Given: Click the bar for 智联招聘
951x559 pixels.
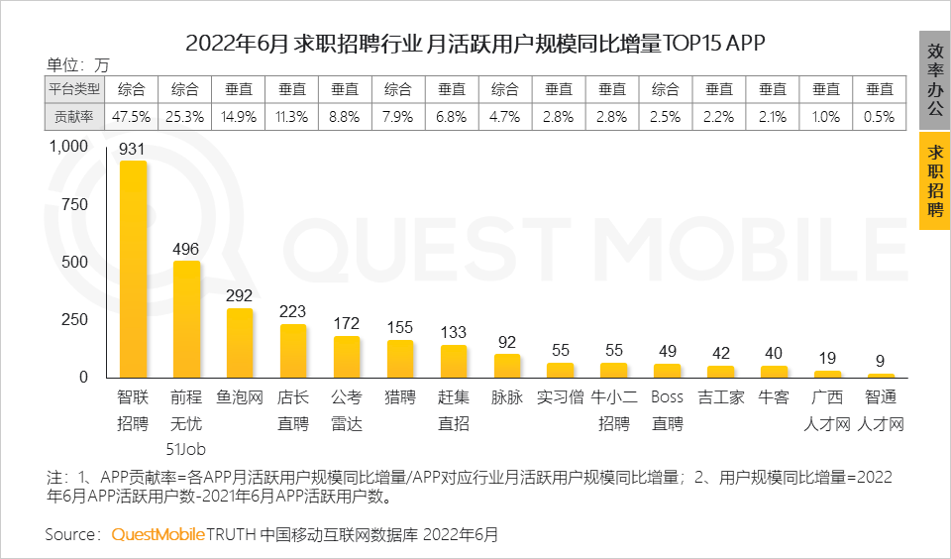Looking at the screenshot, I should pyautogui.click(x=133, y=269).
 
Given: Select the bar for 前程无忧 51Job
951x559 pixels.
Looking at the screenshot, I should pyautogui.click(x=186, y=319).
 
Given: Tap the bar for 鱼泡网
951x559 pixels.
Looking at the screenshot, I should pyautogui.click(x=240, y=343).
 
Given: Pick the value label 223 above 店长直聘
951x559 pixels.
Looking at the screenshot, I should pyautogui.click(x=293, y=311).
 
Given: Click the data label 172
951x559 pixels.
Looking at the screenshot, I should pyautogui.click(x=347, y=323).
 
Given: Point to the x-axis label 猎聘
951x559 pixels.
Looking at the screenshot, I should pyautogui.click(x=400, y=398).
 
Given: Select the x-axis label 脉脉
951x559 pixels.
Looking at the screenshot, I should pyautogui.click(x=507, y=398).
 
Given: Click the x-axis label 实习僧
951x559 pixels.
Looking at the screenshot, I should pyautogui.click(x=561, y=398).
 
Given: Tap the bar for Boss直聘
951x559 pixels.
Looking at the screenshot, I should pyautogui.click(x=668, y=371).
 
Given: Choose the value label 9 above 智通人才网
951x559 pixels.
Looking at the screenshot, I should pyautogui.click(x=881, y=361).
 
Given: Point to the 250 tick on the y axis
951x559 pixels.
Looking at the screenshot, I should pyautogui.click(x=75, y=320).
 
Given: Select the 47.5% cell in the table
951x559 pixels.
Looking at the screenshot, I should pyautogui.click(x=132, y=116).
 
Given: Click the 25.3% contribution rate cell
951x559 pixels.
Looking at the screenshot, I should pyautogui.click(x=185, y=116).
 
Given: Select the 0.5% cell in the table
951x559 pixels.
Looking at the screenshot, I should pyautogui.click(x=880, y=116).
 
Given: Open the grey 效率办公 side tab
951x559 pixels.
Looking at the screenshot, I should pyautogui.click(x=934, y=79).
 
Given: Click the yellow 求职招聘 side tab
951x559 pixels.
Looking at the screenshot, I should pyautogui.click(x=934, y=180).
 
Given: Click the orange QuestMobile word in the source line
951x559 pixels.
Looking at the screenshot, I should pyautogui.click(x=158, y=534).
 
